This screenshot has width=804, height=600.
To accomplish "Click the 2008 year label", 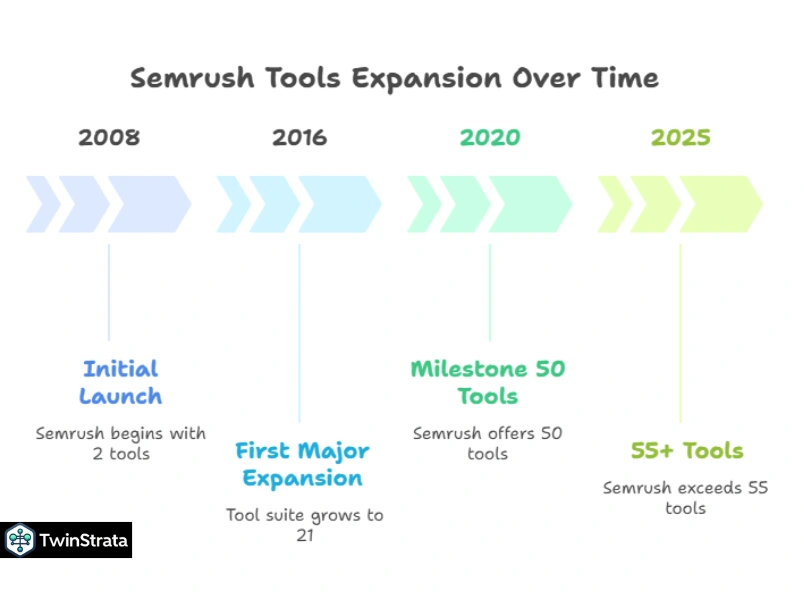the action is coord(109,137).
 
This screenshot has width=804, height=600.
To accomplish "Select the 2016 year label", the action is coord(299,137).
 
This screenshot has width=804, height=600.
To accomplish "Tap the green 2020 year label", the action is coord(490,137).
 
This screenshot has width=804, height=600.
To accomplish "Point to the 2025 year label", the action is coord(680,137).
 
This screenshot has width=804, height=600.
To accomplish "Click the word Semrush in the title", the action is coord(192,78).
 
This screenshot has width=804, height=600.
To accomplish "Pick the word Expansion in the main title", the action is coord(427,79).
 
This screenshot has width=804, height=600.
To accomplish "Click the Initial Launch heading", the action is coord(120,383).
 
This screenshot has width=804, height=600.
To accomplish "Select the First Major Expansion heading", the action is coord(302,465).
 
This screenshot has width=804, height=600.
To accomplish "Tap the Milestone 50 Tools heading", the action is coord(488,383).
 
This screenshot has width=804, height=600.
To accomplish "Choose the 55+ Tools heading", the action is coord(687,451).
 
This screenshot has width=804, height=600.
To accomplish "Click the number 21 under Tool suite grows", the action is coord(305,535).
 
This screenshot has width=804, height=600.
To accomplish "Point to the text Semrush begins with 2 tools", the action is coord(121,444).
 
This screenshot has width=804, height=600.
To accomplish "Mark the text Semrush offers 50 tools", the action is coord(488,444).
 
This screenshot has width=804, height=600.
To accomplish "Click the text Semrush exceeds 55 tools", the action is coord(686,498).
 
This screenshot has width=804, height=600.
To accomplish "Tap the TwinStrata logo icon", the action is coord(20,540).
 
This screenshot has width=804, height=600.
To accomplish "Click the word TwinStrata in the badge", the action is coord(84,541).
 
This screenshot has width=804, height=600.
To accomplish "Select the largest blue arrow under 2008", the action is coord(149,204).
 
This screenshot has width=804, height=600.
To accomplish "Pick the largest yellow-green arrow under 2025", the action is coord(721,204).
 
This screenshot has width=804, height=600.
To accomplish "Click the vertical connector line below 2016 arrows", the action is coord(299,333).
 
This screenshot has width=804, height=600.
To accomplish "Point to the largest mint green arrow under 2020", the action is coord(530,204).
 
